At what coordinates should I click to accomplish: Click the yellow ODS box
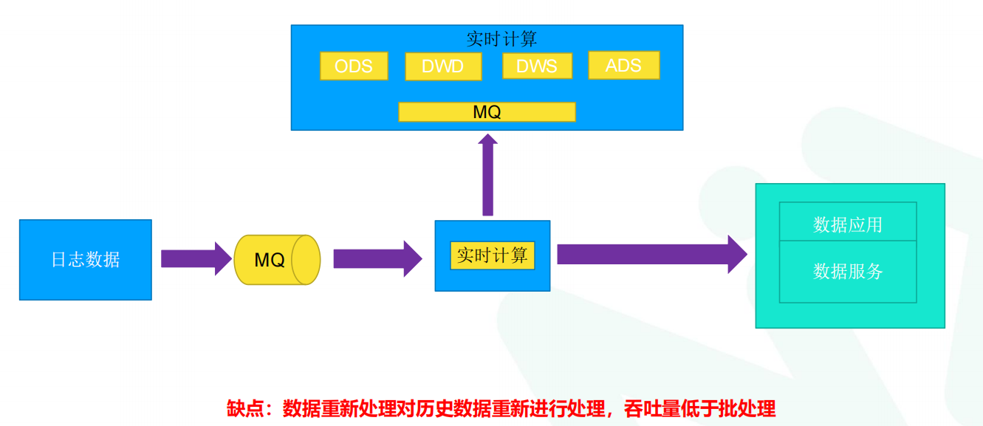(354, 66)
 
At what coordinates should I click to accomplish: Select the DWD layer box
(443, 66)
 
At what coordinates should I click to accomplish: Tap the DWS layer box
(537, 66)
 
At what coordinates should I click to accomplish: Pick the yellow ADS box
(623, 65)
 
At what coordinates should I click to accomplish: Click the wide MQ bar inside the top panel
(487, 111)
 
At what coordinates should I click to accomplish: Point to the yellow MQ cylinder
(270, 260)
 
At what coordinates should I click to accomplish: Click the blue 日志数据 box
(86, 260)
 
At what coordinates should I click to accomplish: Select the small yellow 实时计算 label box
(492, 255)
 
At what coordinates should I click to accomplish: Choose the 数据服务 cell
(848, 271)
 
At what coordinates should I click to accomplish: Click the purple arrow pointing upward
(487, 175)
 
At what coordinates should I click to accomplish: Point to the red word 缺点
(245, 408)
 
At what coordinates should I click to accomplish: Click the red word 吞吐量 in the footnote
(651, 408)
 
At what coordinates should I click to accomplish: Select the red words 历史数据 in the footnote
(450, 408)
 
